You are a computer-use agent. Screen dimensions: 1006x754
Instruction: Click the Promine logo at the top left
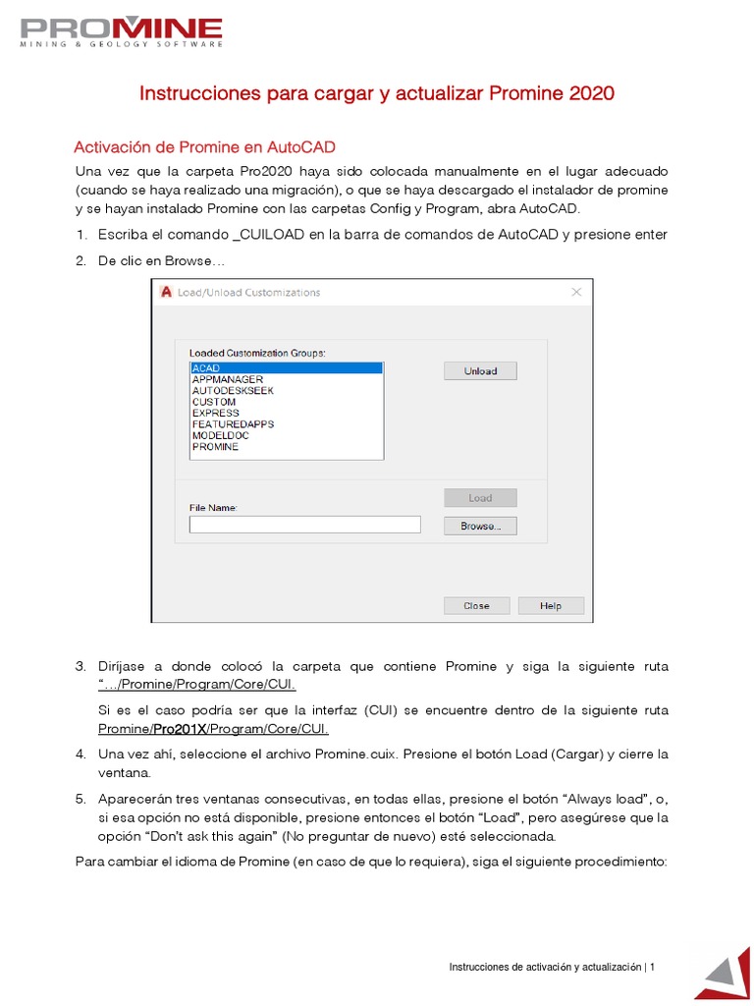point(122,31)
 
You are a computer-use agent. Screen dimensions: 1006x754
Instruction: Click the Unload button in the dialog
point(480,371)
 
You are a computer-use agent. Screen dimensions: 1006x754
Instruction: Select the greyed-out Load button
point(480,498)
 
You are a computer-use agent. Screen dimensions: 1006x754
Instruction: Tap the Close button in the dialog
point(476,606)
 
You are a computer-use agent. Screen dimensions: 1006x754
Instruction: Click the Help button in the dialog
point(551,606)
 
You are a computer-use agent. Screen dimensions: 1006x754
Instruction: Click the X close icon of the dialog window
point(577,292)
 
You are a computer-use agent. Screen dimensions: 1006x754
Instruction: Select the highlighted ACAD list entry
point(286,368)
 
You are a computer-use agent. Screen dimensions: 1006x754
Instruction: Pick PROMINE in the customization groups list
point(215,447)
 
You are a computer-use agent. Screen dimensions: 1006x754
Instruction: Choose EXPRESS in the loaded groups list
point(215,414)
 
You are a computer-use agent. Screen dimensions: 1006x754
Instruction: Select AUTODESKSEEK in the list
point(233,391)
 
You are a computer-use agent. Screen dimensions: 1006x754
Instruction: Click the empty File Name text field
point(304,526)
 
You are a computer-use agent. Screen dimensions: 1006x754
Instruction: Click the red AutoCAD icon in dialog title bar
point(166,292)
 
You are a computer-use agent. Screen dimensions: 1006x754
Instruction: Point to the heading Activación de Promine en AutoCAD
point(204,147)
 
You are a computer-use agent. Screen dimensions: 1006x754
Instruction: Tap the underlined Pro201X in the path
point(180,729)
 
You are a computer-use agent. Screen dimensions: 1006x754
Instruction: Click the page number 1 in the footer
point(652,968)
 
